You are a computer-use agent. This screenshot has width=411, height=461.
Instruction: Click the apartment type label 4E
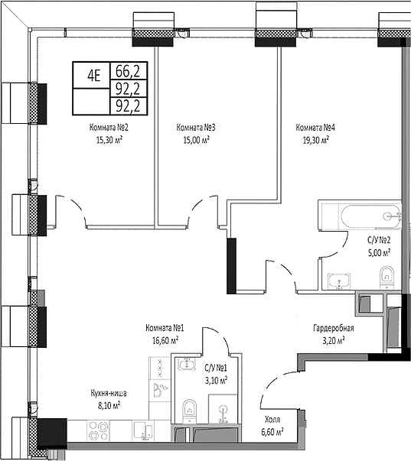94,76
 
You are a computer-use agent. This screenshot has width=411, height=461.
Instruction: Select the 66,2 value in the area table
128,71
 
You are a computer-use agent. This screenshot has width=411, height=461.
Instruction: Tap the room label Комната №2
109,128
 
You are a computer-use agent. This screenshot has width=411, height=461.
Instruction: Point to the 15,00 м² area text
197,140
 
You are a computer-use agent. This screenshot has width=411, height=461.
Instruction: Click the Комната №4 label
315,128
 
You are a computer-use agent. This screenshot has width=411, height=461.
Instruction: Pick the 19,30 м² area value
316,140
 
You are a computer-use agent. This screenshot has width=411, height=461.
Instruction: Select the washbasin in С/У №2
340,281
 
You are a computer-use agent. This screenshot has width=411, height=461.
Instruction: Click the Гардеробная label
334,328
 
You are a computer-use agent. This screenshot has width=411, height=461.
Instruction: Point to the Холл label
272,420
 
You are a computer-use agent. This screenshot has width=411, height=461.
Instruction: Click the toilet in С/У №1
189,411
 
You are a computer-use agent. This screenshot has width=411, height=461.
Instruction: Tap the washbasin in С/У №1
187,365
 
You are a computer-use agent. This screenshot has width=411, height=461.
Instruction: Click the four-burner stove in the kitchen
98,430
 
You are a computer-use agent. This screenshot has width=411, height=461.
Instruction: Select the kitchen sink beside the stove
142,431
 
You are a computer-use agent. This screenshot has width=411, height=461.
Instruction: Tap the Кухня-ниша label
109,393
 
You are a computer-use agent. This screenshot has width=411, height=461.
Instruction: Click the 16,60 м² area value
165,340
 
